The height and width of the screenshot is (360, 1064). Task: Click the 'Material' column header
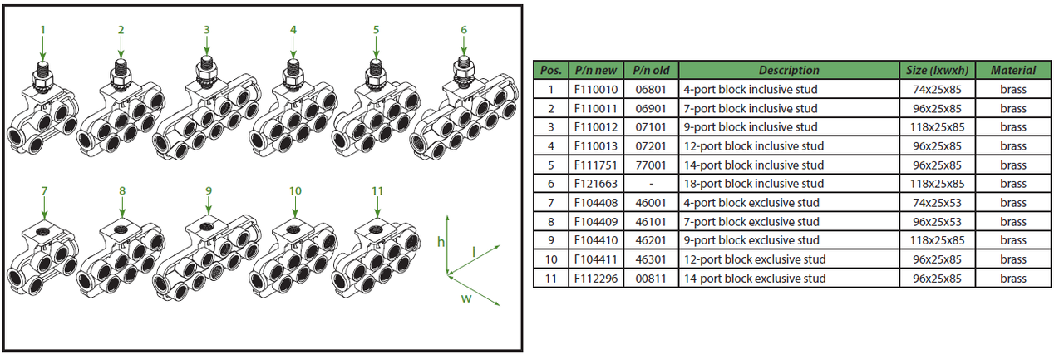pos(1012,71)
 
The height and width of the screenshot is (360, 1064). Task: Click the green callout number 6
pos(464,30)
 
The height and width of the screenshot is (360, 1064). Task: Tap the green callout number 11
pos(377,190)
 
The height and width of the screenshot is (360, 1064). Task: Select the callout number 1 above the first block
pos(43,29)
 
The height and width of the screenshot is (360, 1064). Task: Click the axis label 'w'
pos(465,298)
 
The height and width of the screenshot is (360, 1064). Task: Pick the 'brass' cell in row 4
pos(1012,146)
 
